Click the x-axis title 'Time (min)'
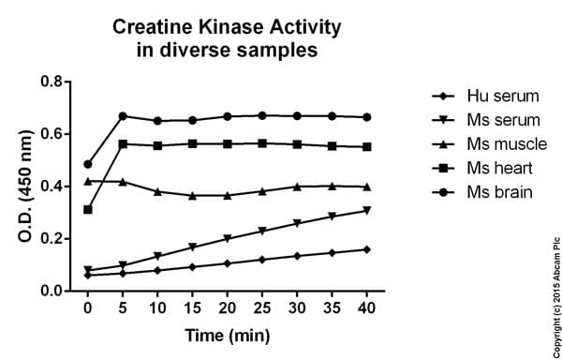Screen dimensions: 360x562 click(x=227, y=336)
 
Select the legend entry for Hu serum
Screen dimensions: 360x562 click(x=487, y=97)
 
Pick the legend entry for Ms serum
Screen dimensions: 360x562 click(x=487, y=121)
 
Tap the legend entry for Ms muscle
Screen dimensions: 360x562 click(x=491, y=144)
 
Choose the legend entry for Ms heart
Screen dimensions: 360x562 click(x=487, y=169)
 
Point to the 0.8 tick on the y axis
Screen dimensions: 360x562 click(x=52, y=82)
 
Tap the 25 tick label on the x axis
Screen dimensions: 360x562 click(x=261, y=307)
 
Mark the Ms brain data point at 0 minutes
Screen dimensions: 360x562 click(x=88, y=164)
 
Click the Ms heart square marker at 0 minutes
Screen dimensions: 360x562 click(x=88, y=209)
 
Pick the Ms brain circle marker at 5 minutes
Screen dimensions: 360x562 click(x=123, y=116)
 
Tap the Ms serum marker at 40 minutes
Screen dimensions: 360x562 click(x=366, y=211)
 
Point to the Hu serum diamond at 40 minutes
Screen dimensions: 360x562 click(x=366, y=249)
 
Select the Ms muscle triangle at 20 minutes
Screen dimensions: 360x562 click(x=227, y=195)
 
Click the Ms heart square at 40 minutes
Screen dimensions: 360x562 click(x=366, y=147)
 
